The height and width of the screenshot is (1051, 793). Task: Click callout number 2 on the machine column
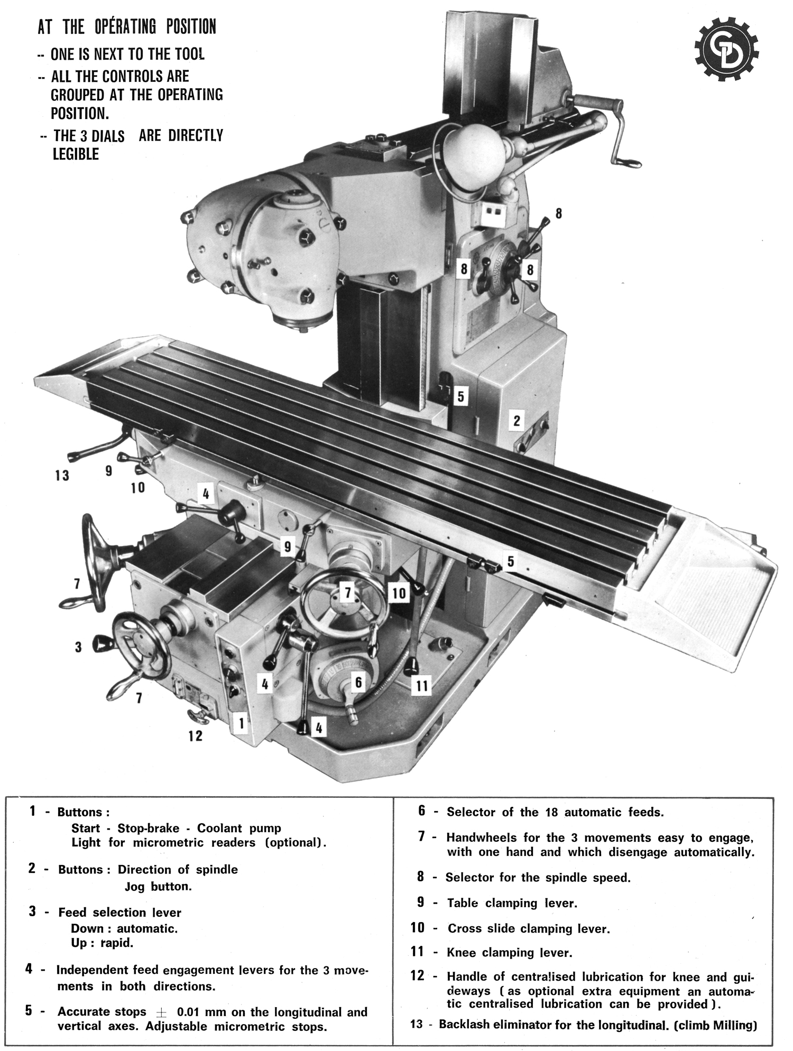pyautogui.click(x=517, y=421)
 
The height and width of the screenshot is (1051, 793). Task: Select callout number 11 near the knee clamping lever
pyautogui.click(x=421, y=686)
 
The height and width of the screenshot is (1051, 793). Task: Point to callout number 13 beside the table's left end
pyautogui.click(x=62, y=475)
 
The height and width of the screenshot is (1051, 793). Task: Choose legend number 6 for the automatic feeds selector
pyautogui.click(x=421, y=811)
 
